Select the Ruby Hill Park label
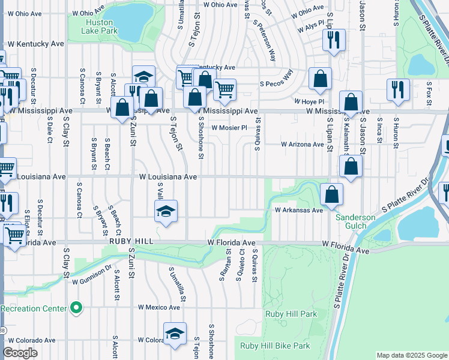click(x=291, y=314)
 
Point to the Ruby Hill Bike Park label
click(x=275, y=346)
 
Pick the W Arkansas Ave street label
click(x=299, y=210)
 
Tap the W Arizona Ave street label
click(x=303, y=145)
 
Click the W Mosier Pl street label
click(x=229, y=128)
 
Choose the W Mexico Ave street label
click(x=158, y=307)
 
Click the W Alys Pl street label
click(x=310, y=28)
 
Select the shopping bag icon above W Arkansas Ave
click(x=331, y=194)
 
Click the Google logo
click(x=20, y=353)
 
